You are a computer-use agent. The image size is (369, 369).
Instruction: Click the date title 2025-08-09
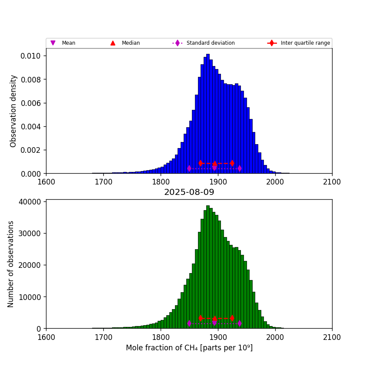pyautogui.click(x=189, y=192)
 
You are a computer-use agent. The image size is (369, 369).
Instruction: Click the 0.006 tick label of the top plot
pyautogui.click(x=31, y=103)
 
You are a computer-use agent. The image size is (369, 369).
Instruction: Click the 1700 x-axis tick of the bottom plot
pyautogui.click(x=103, y=336)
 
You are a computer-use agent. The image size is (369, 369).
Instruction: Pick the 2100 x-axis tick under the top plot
pyautogui.click(x=332, y=181)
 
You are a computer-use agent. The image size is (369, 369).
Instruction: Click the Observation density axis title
pyautogui.click(x=13, y=111)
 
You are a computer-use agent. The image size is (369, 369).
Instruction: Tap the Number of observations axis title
pyautogui.click(x=11, y=264)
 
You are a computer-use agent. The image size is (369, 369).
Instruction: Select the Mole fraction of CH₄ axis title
pyautogui.click(x=189, y=348)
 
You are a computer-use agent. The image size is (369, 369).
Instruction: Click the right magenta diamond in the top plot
pyautogui.click(x=239, y=168)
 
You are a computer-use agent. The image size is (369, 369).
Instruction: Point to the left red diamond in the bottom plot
pyautogui.click(x=201, y=318)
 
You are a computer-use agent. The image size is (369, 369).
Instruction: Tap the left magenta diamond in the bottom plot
pyautogui.click(x=189, y=323)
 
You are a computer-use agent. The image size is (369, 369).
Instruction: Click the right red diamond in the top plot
pyautogui.click(x=232, y=163)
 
